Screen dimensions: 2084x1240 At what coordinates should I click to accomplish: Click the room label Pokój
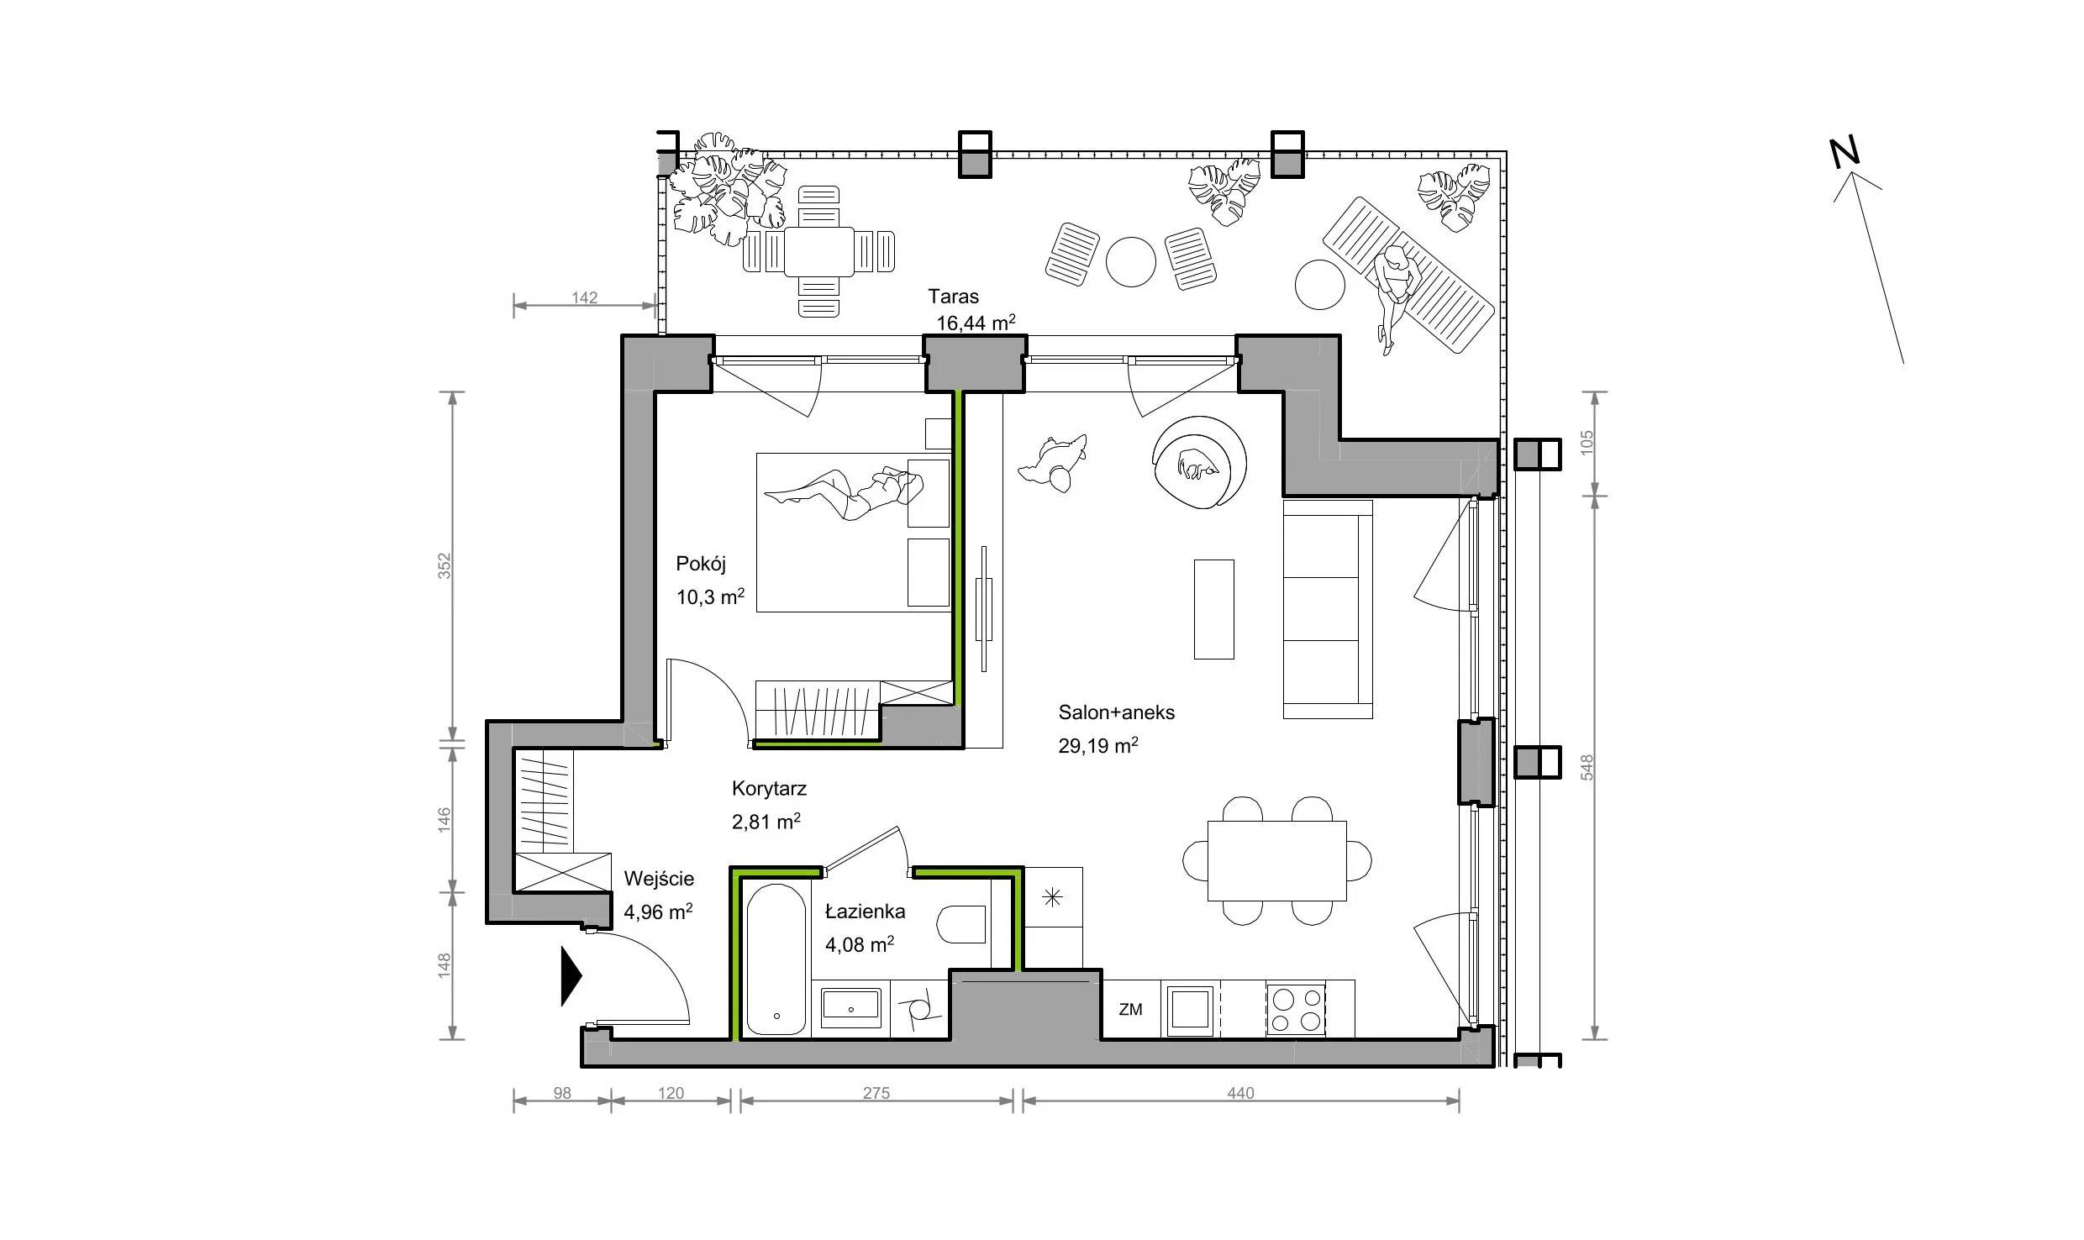pos(700,564)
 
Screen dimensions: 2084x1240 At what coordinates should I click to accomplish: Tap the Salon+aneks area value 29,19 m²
pos(1097,745)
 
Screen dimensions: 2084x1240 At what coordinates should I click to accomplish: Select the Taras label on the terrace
pos(953,296)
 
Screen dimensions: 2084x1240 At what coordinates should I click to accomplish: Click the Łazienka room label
pos(865,912)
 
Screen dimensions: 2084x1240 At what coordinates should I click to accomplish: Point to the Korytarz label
pos(769,789)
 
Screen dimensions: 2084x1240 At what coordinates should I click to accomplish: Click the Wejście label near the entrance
pos(659,879)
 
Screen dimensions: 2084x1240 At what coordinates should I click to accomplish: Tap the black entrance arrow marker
pos(571,975)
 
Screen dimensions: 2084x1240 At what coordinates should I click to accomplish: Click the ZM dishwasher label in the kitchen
pos(1130,1010)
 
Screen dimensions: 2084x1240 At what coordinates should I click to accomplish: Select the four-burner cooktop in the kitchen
pos(1296,1010)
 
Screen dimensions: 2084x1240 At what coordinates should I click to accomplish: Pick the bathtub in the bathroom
pos(776,959)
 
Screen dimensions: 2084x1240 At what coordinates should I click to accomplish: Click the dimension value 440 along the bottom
pos(1240,1093)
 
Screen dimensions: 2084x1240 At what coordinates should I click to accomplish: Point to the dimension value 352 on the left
pos(445,565)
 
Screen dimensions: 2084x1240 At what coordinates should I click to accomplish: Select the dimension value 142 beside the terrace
pos(584,297)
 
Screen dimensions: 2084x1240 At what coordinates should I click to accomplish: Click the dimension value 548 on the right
pos(1587,767)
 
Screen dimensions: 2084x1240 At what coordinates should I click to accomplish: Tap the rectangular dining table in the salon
pos(1277,861)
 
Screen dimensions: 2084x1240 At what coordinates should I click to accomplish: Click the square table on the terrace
pos(819,252)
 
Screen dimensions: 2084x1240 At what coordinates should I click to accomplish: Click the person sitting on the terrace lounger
pos(1393,294)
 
